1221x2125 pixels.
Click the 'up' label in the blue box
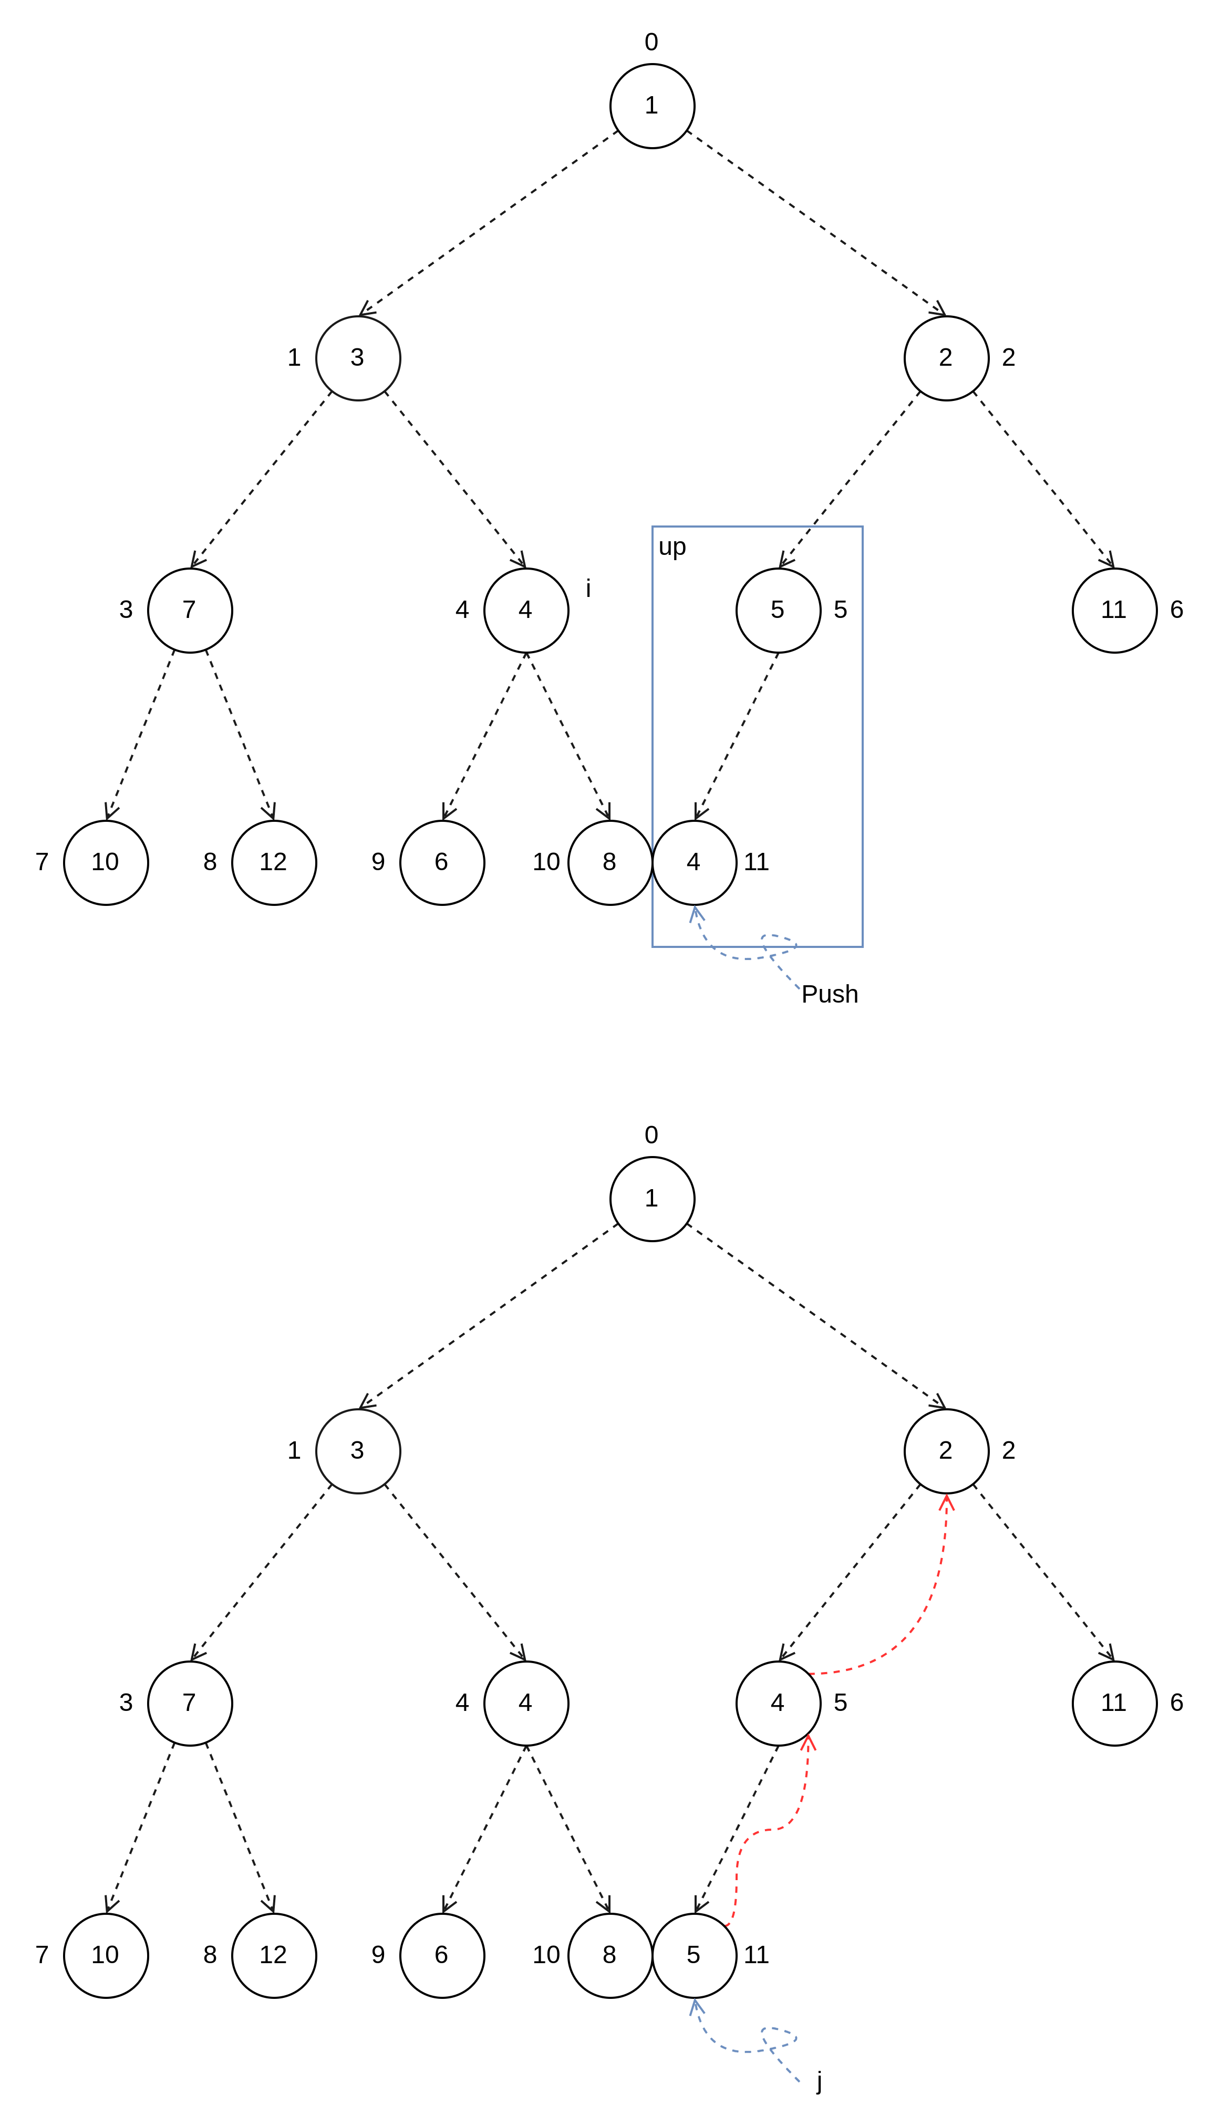point(672,547)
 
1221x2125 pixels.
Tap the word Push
point(830,994)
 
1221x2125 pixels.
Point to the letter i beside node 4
point(588,589)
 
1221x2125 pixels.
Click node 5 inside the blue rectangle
point(778,610)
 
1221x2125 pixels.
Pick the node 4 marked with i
point(526,610)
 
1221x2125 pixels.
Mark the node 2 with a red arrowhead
point(946,1451)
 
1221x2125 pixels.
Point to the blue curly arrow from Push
point(738,956)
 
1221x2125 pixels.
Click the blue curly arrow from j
point(738,2049)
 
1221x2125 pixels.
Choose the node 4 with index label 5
point(778,1703)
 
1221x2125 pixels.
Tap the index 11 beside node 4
point(757,862)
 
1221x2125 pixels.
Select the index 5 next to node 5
point(840,610)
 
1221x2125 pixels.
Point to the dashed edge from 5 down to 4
point(736,736)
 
